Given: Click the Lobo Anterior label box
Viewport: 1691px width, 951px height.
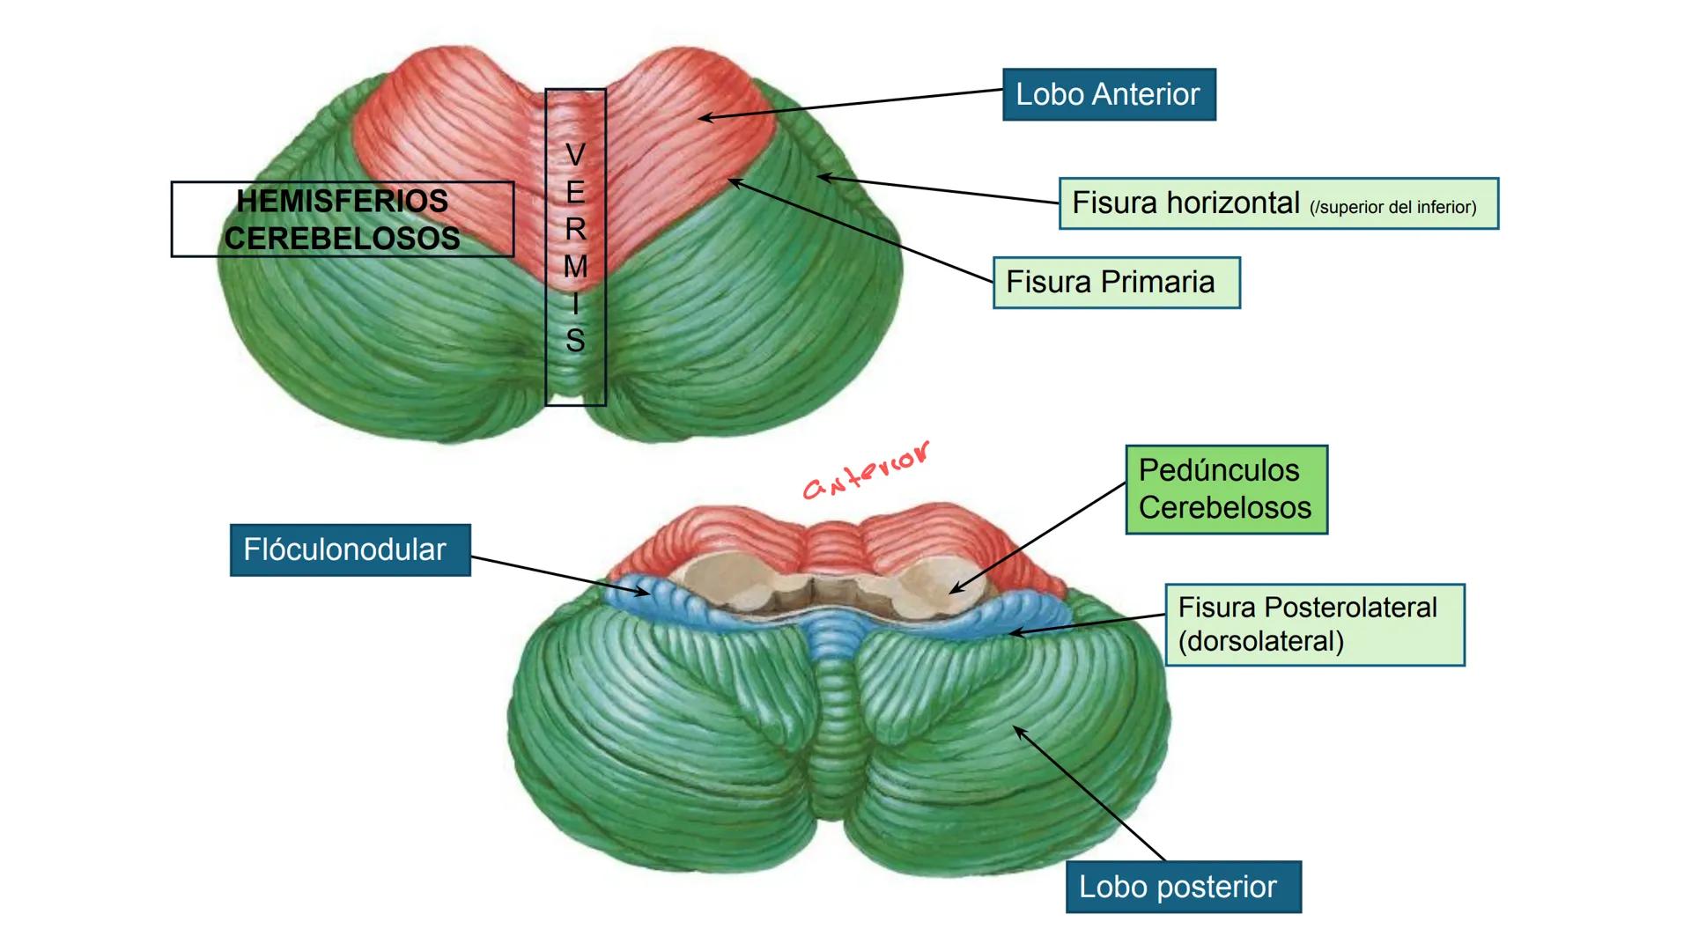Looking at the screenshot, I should pyautogui.click(x=1108, y=94).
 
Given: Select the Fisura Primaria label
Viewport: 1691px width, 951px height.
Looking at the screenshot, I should pyautogui.click(x=1115, y=283).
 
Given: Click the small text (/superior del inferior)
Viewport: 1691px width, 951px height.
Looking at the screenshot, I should pyautogui.click(x=1392, y=208).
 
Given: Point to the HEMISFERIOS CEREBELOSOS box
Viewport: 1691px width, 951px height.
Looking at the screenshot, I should pyautogui.click(x=342, y=219).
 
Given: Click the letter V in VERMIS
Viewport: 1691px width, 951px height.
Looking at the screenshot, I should pyautogui.click(x=575, y=155).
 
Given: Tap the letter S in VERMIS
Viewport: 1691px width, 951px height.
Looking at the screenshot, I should pyautogui.click(x=575, y=341).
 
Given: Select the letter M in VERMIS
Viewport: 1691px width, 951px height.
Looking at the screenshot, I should pyautogui.click(x=575, y=266).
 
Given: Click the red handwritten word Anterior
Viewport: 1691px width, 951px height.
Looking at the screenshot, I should pyautogui.click(x=865, y=471).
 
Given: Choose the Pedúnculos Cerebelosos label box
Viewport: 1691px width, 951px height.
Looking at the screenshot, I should pyautogui.click(x=1225, y=490).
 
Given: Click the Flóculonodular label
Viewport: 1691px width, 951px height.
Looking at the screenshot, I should pyautogui.click(x=350, y=550).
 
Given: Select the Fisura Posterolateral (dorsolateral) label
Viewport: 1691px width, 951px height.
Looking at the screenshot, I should pyautogui.click(x=1313, y=624).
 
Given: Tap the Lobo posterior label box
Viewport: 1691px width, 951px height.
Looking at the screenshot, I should pyautogui.click(x=1182, y=887).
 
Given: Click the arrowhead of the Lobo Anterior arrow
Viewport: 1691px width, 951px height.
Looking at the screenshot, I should pyautogui.click(x=703, y=117).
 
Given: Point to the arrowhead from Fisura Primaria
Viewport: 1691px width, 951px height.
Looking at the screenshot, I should pyautogui.click(x=731, y=181).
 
